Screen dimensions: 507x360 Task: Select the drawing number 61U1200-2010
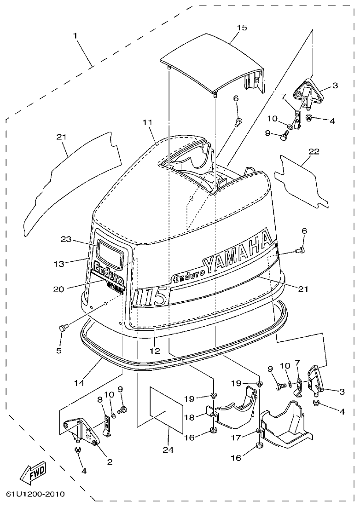coord(35,495)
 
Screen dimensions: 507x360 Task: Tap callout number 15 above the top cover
coord(242,28)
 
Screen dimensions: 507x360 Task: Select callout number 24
coord(168,449)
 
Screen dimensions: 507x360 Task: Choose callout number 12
coord(155,351)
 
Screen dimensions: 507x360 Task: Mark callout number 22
coord(314,151)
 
